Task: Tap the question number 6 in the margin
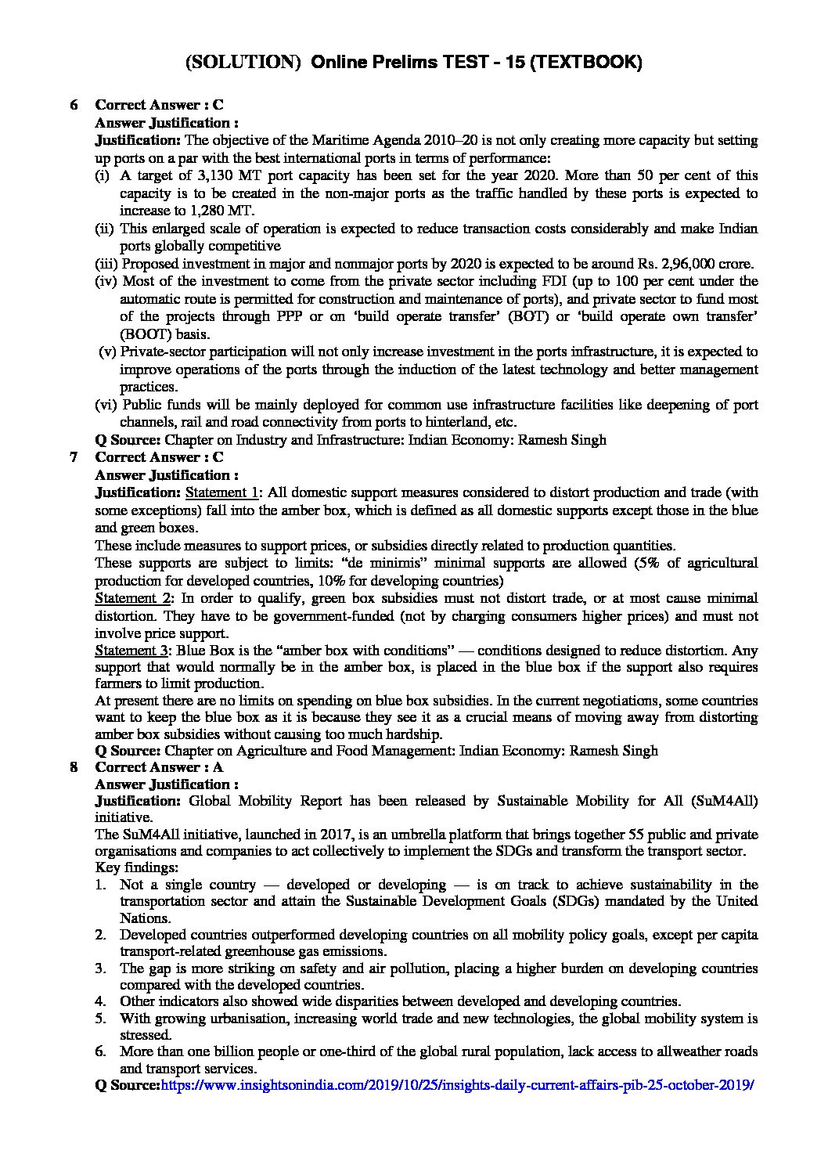pyautogui.click(x=74, y=105)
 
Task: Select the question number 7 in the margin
pyautogui.click(x=74, y=457)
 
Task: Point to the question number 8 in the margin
pyautogui.click(x=74, y=767)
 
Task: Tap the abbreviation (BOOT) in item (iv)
pyautogui.click(x=144, y=334)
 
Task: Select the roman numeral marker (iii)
pyautogui.click(x=106, y=263)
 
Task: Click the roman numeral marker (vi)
pyautogui.click(x=106, y=405)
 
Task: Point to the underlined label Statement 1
pyautogui.click(x=221, y=492)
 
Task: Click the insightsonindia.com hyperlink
pyautogui.click(x=457, y=1086)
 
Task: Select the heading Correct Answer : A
pyautogui.click(x=159, y=767)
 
